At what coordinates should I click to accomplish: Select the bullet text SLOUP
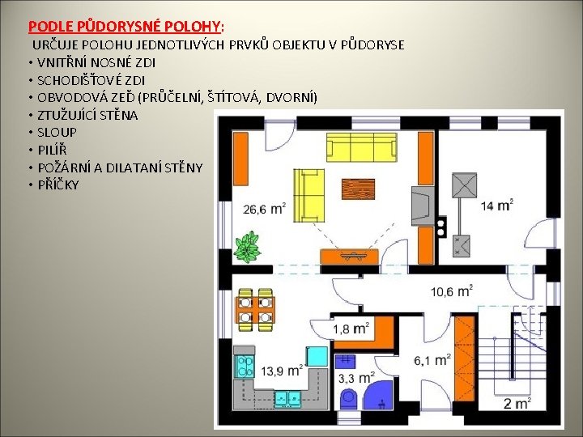pyautogui.click(x=57, y=132)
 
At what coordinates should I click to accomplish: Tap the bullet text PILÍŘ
pyautogui.click(x=52, y=151)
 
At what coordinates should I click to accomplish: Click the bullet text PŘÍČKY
pyautogui.click(x=58, y=185)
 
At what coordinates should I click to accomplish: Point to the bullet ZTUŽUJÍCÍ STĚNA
pyautogui.click(x=87, y=115)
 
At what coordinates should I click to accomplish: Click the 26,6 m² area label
pyautogui.click(x=264, y=209)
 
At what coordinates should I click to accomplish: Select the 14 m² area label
pyautogui.click(x=497, y=205)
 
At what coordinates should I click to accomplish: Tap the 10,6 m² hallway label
pyautogui.click(x=451, y=291)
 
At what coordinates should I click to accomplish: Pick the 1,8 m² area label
pyautogui.click(x=351, y=329)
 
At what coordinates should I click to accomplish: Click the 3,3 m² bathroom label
pyautogui.click(x=356, y=378)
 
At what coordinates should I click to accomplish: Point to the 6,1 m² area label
pyautogui.click(x=432, y=359)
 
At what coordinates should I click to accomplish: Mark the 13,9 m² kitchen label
pyautogui.click(x=282, y=371)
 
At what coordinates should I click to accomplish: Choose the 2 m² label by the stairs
pyautogui.click(x=517, y=403)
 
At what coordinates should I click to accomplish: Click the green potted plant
pyautogui.click(x=247, y=247)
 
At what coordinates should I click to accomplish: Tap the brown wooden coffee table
pyautogui.click(x=358, y=189)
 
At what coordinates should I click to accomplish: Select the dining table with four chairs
pyautogui.click(x=255, y=309)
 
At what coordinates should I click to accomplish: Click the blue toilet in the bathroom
pyautogui.click(x=350, y=399)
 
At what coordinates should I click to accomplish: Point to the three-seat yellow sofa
pyautogui.click(x=362, y=146)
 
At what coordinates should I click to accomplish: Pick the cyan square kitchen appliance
pyautogui.click(x=317, y=356)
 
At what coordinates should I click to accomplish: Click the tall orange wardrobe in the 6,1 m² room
pyautogui.click(x=465, y=359)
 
